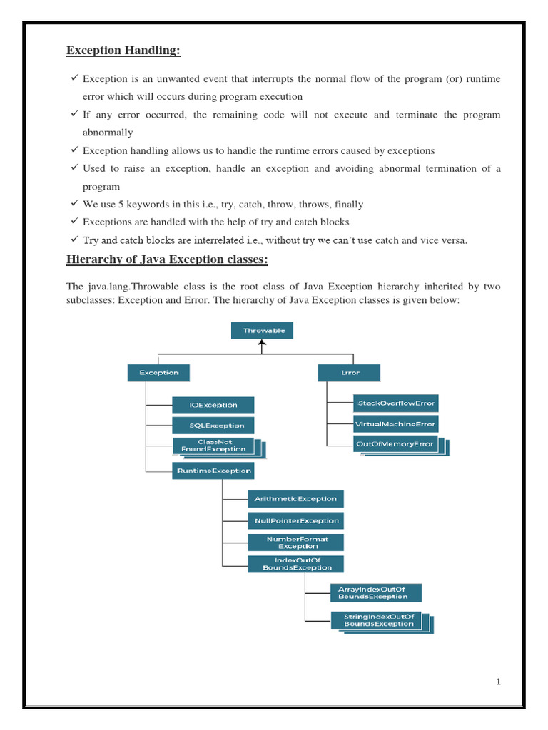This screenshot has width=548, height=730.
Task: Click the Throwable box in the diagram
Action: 263,331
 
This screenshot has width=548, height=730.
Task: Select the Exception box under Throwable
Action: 158,372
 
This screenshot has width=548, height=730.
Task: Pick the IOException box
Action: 213,405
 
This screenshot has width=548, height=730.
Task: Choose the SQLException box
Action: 213,425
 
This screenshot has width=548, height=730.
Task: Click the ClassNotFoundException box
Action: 213,446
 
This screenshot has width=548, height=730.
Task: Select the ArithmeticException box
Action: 295,498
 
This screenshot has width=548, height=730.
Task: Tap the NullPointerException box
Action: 295,520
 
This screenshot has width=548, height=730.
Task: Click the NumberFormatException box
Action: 295,543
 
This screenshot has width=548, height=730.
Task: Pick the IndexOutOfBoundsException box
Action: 295,564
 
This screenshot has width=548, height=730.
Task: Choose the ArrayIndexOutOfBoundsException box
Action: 376,592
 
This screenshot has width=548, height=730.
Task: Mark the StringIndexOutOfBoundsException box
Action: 378,620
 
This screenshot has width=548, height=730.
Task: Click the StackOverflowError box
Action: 396,403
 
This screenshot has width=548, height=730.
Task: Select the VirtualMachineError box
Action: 396,423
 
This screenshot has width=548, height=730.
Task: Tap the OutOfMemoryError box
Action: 395,444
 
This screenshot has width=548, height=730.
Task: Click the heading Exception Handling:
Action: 123,50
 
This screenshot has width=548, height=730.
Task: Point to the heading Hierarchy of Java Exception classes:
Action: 167,260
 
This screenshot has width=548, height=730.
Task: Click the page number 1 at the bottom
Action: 499,682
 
